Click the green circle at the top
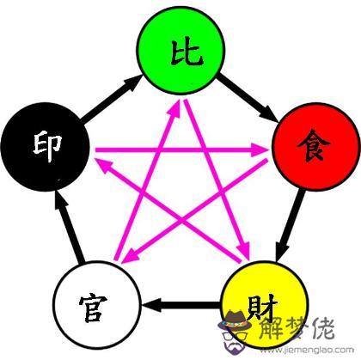[x=180, y=51]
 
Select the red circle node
[x=316, y=147]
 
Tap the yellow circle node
[x=266, y=304]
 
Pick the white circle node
[x=97, y=304]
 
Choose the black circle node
[x=46, y=147]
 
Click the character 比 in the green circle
[x=187, y=53]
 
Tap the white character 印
[x=48, y=146]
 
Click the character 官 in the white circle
[x=94, y=308]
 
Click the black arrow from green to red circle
[x=248, y=98]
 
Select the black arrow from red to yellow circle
[x=291, y=225]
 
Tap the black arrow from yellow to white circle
[x=181, y=304]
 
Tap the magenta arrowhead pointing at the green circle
[x=174, y=107]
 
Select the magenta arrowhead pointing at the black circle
[x=104, y=166]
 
